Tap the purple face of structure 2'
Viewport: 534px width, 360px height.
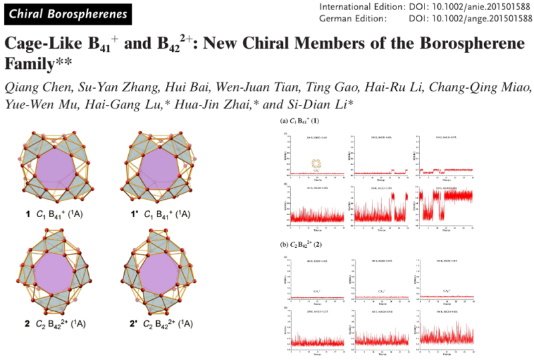[x=160, y=274]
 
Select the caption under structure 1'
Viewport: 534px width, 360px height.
[x=160, y=214]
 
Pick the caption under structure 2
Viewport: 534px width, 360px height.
[x=63, y=324]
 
